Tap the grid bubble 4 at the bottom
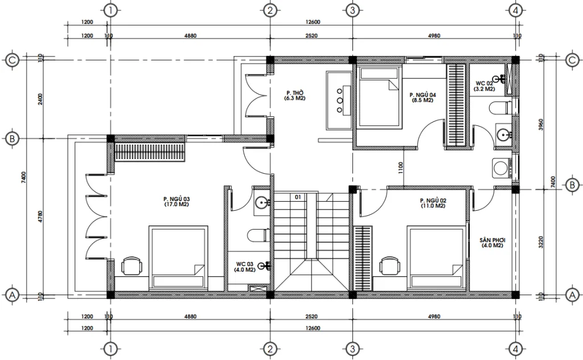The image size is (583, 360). point(515,349)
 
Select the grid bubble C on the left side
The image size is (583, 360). point(10,60)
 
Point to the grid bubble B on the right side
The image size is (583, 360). point(572,185)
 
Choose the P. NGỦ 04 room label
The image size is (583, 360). point(422,97)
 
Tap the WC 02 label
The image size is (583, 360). point(486,86)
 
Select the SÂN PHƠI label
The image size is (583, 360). point(491,243)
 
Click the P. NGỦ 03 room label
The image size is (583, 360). point(176,201)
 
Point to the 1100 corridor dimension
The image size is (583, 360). point(401,167)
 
